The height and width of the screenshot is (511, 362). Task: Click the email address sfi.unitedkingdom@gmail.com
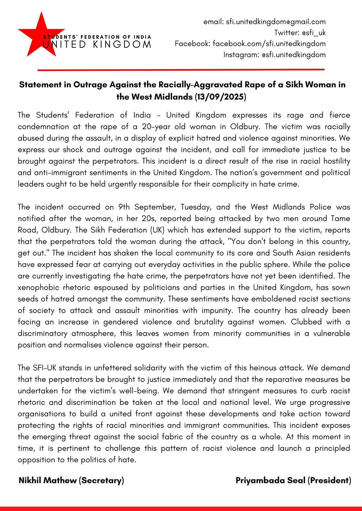pyautogui.click(x=276, y=22)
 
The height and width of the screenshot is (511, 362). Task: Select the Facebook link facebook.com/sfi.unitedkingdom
pyautogui.click(x=269, y=43)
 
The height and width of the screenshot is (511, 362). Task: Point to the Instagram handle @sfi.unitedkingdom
pyautogui.click(x=293, y=55)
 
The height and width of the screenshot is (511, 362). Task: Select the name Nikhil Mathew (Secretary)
pyautogui.click(x=71, y=480)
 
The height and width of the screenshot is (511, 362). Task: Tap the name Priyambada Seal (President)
pyautogui.click(x=293, y=480)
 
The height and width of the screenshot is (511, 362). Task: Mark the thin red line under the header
pyautogui.click(x=181, y=69)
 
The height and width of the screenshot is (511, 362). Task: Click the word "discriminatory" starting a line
pyautogui.click(x=43, y=333)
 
